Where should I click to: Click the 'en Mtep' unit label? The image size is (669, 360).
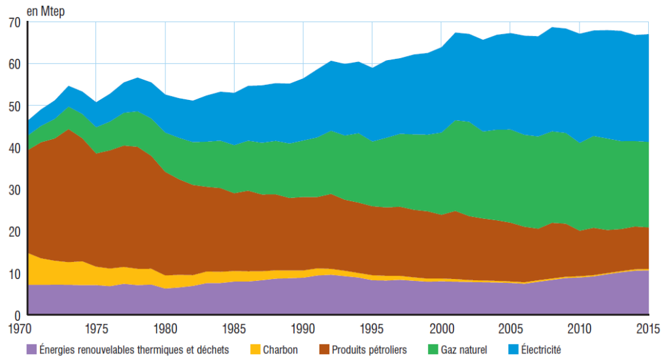tap(45, 10)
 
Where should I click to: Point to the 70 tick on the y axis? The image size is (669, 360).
tap(14, 22)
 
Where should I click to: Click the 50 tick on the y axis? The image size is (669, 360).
tap(14, 106)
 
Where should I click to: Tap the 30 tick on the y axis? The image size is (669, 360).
tap(14, 189)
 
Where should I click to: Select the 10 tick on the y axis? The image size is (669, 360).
tap(14, 273)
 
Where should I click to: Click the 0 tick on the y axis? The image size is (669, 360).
tap(18, 314)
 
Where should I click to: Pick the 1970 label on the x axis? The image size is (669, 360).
tap(27, 327)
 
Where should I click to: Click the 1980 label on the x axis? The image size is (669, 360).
tap(165, 327)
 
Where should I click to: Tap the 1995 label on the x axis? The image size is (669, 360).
tap(372, 327)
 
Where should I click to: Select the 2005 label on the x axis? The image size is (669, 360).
tap(511, 327)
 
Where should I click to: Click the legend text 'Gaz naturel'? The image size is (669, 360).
tap(465, 350)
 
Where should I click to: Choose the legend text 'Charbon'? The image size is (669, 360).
tap(280, 350)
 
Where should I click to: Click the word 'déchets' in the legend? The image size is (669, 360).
tap(213, 350)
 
